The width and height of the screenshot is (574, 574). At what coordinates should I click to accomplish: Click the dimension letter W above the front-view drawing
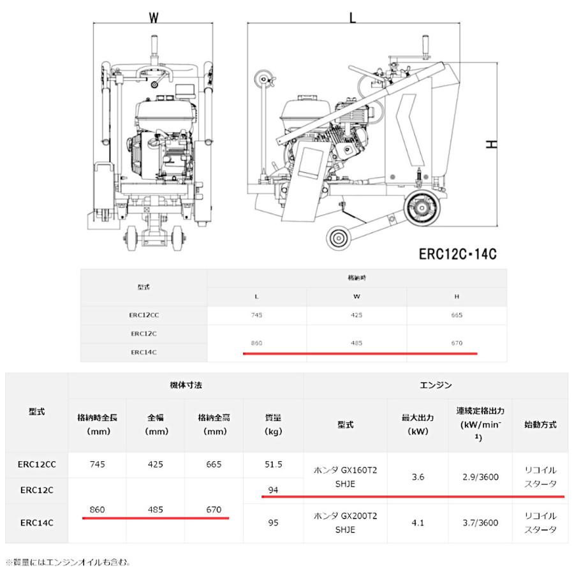(x=153, y=18)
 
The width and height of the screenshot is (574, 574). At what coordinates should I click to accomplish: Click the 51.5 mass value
(x=274, y=464)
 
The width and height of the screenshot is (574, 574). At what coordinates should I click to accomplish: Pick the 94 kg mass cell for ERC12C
(x=274, y=490)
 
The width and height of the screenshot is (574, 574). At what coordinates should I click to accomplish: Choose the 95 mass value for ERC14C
(x=274, y=522)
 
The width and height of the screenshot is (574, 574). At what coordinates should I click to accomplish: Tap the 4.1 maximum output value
(x=418, y=522)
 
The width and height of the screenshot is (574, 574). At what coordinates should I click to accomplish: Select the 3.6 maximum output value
(x=418, y=476)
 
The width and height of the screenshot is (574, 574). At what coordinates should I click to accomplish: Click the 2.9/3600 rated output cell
(x=480, y=476)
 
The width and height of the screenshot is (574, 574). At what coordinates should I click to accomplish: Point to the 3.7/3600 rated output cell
(x=480, y=522)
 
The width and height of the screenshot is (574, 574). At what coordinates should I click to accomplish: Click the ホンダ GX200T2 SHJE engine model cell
(x=345, y=522)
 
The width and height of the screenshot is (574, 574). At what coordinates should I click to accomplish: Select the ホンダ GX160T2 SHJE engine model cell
(x=345, y=476)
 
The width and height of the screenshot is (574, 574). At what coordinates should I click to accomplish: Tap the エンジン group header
(x=435, y=385)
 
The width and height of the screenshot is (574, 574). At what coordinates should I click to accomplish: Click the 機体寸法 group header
(x=185, y=385)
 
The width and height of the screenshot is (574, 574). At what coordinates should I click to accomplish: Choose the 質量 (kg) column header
(x=274, y=424)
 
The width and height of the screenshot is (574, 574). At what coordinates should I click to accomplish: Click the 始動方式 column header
(x=540, y=424)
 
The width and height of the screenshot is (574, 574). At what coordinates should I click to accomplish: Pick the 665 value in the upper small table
(x=456, y=315)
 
